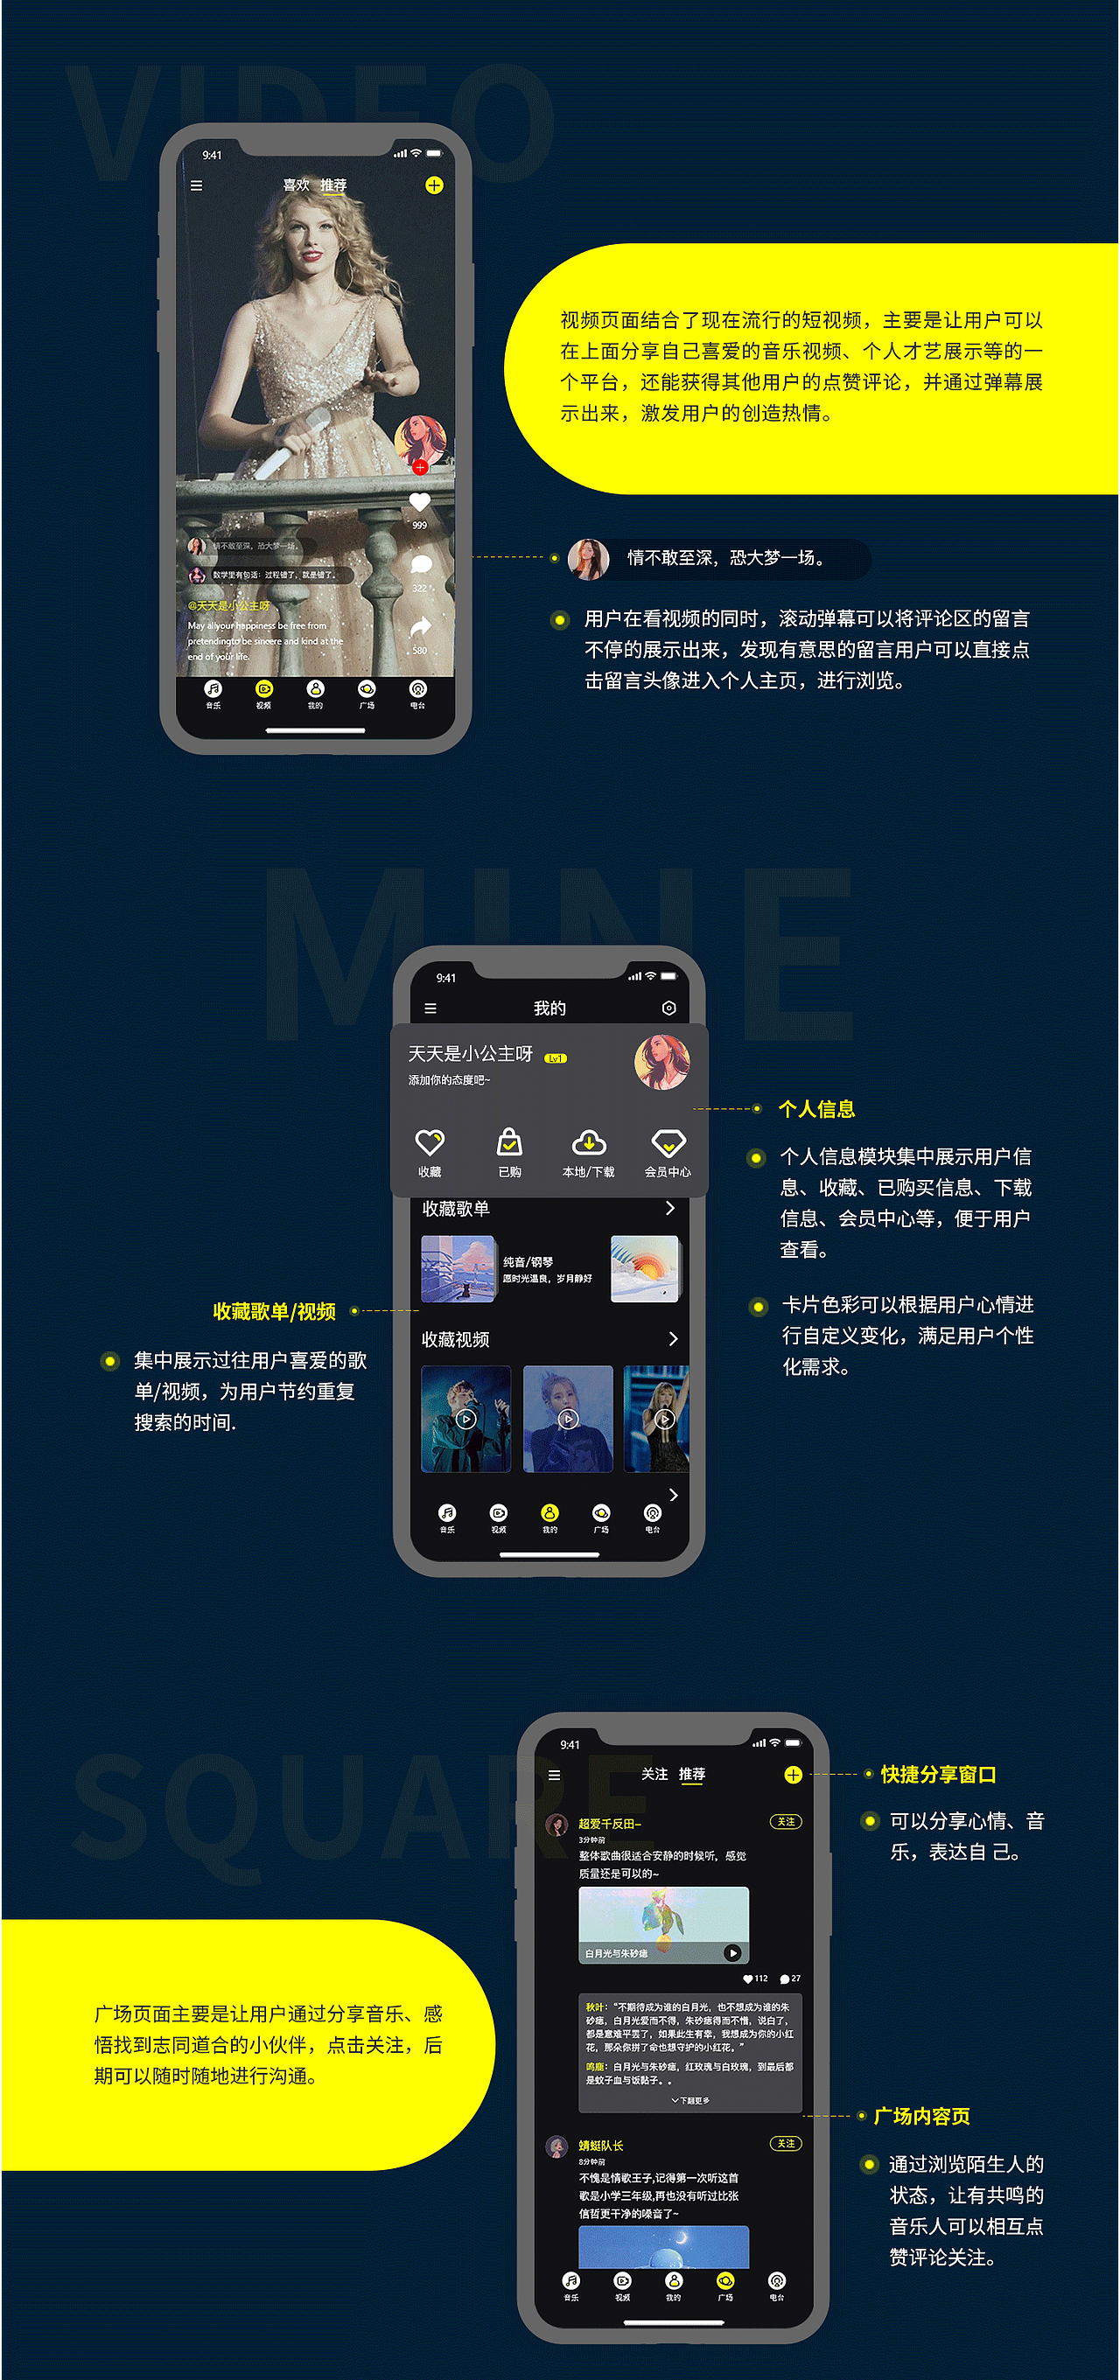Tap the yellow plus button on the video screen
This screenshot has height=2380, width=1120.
433,185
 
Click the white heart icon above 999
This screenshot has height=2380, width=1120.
419,502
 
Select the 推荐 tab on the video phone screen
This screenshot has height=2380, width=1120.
333,185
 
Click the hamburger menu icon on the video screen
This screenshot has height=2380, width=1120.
196,185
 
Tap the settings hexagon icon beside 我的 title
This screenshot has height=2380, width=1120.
669,1008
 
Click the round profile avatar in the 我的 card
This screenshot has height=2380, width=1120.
661,1062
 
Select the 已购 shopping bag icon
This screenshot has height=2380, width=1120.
509,1144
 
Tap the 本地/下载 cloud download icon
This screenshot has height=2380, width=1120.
589,1144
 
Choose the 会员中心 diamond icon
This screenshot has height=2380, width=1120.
668,1144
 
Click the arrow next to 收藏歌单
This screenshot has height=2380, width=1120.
670,1209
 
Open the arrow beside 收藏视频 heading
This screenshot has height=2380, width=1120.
673,1339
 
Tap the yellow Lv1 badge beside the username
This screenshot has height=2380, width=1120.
556,1057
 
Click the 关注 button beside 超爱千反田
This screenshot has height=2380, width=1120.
786,1822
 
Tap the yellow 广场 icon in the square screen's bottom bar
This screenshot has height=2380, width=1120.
725,2280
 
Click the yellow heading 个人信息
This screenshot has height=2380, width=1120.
817,1109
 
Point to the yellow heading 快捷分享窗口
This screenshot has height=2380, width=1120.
938,1774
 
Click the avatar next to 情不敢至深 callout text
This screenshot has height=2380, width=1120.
589,559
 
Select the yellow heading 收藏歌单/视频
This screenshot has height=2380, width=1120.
275,1311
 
